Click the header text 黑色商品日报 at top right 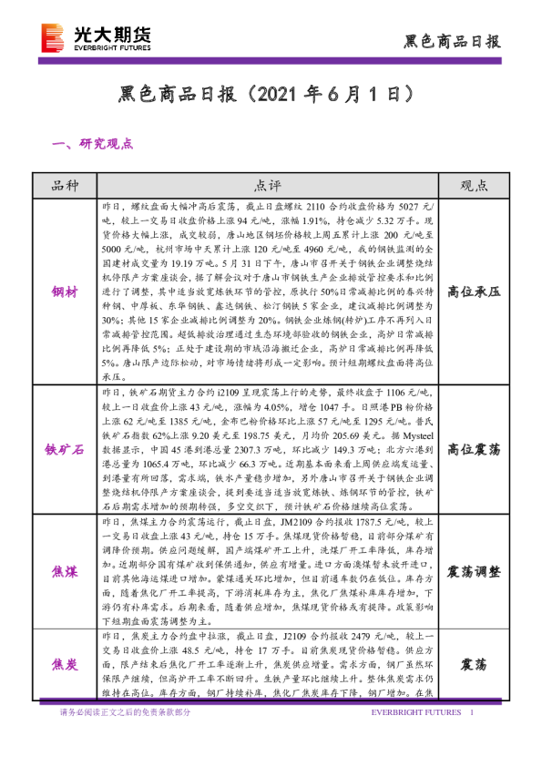tap(452, 41)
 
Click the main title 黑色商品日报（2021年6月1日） tap(271, 94)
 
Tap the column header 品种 tap(66, 186)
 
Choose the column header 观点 tap(474, 186)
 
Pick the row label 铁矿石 tap(66, 448)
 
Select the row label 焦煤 tap(66, 571)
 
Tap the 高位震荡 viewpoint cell tap(474, 448)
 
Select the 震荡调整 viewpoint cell tap(474, 571)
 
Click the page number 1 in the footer tap(471, 712)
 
